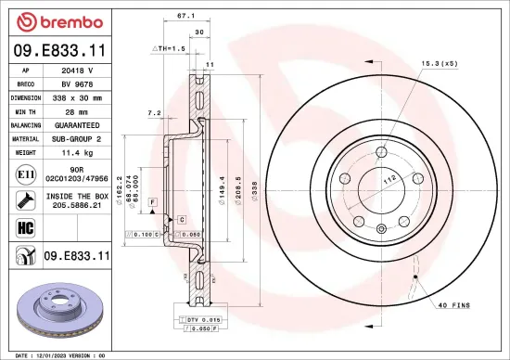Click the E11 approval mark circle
[x=23, y=174]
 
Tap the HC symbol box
[x=23, y=226]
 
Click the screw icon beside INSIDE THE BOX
[x=23, y=199]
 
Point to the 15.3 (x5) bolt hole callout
[x=440, y=63]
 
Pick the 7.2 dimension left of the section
[x=154, y=112]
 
